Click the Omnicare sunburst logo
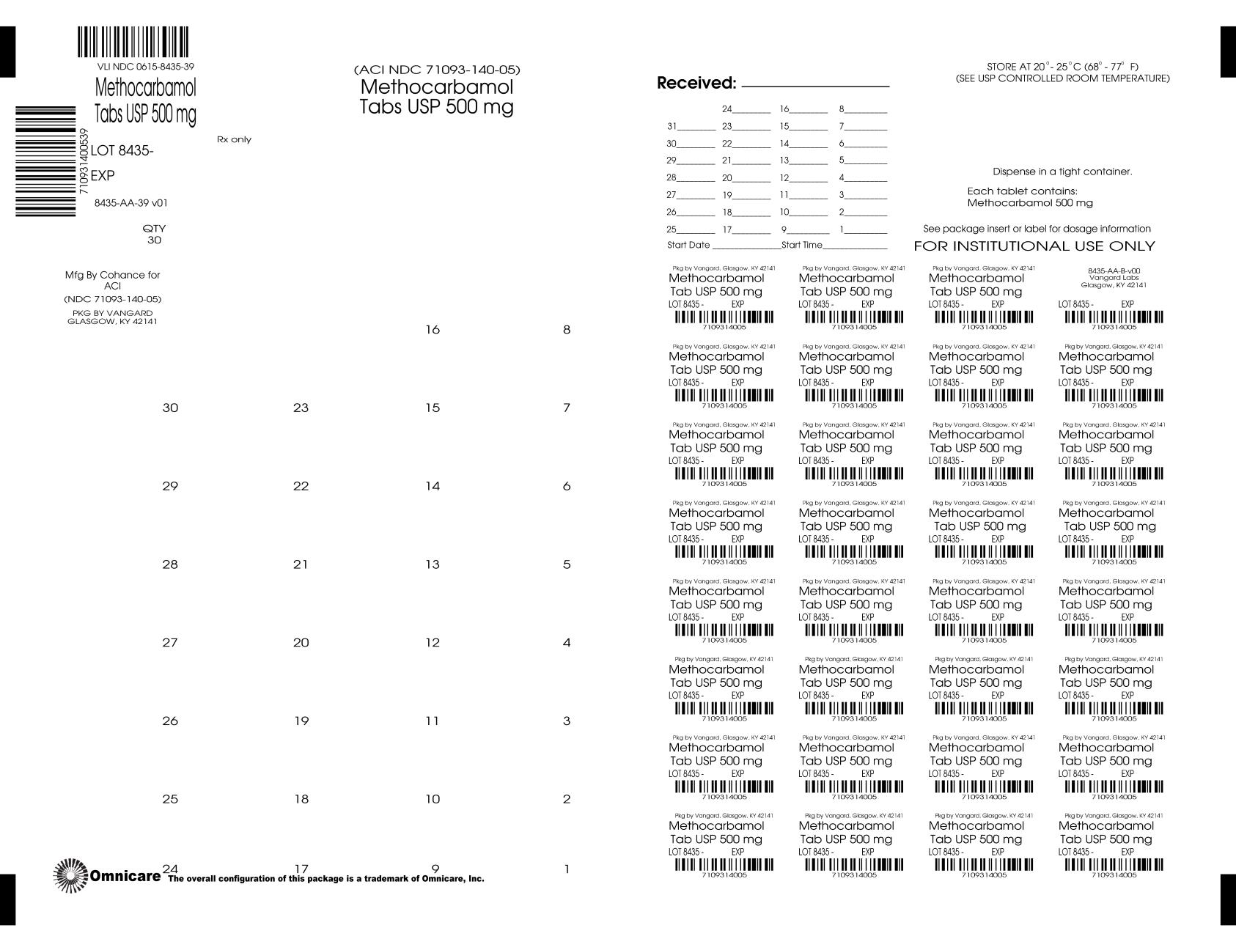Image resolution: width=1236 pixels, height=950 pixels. [70, 875]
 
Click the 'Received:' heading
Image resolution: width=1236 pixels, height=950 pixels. [696, 83]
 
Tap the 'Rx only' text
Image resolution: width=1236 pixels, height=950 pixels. [234, 139]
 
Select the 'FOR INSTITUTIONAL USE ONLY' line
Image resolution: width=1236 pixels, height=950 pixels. [1034, 246]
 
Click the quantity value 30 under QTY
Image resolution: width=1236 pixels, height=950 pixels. [155, 240]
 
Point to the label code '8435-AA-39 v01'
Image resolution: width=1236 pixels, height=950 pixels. [131, 203]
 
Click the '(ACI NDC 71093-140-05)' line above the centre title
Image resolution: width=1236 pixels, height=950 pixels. [437, 70]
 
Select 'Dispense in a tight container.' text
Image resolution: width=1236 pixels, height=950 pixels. [1062, 172]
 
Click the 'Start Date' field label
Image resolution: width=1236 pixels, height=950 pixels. [688, 245]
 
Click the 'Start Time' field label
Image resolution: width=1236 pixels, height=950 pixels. [802, 245]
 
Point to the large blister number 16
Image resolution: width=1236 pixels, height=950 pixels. [433, 330]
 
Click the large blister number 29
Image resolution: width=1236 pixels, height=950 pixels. [170, 486]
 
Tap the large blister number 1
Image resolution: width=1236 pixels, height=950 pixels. [567, 870]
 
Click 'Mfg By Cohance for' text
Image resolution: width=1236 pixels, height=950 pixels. [112, 275]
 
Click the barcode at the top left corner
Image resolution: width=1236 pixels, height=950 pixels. [133, 42]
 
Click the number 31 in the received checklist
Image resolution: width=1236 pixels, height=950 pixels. [672, 126]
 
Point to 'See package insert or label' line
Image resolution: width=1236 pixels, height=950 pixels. [1037, 229]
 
